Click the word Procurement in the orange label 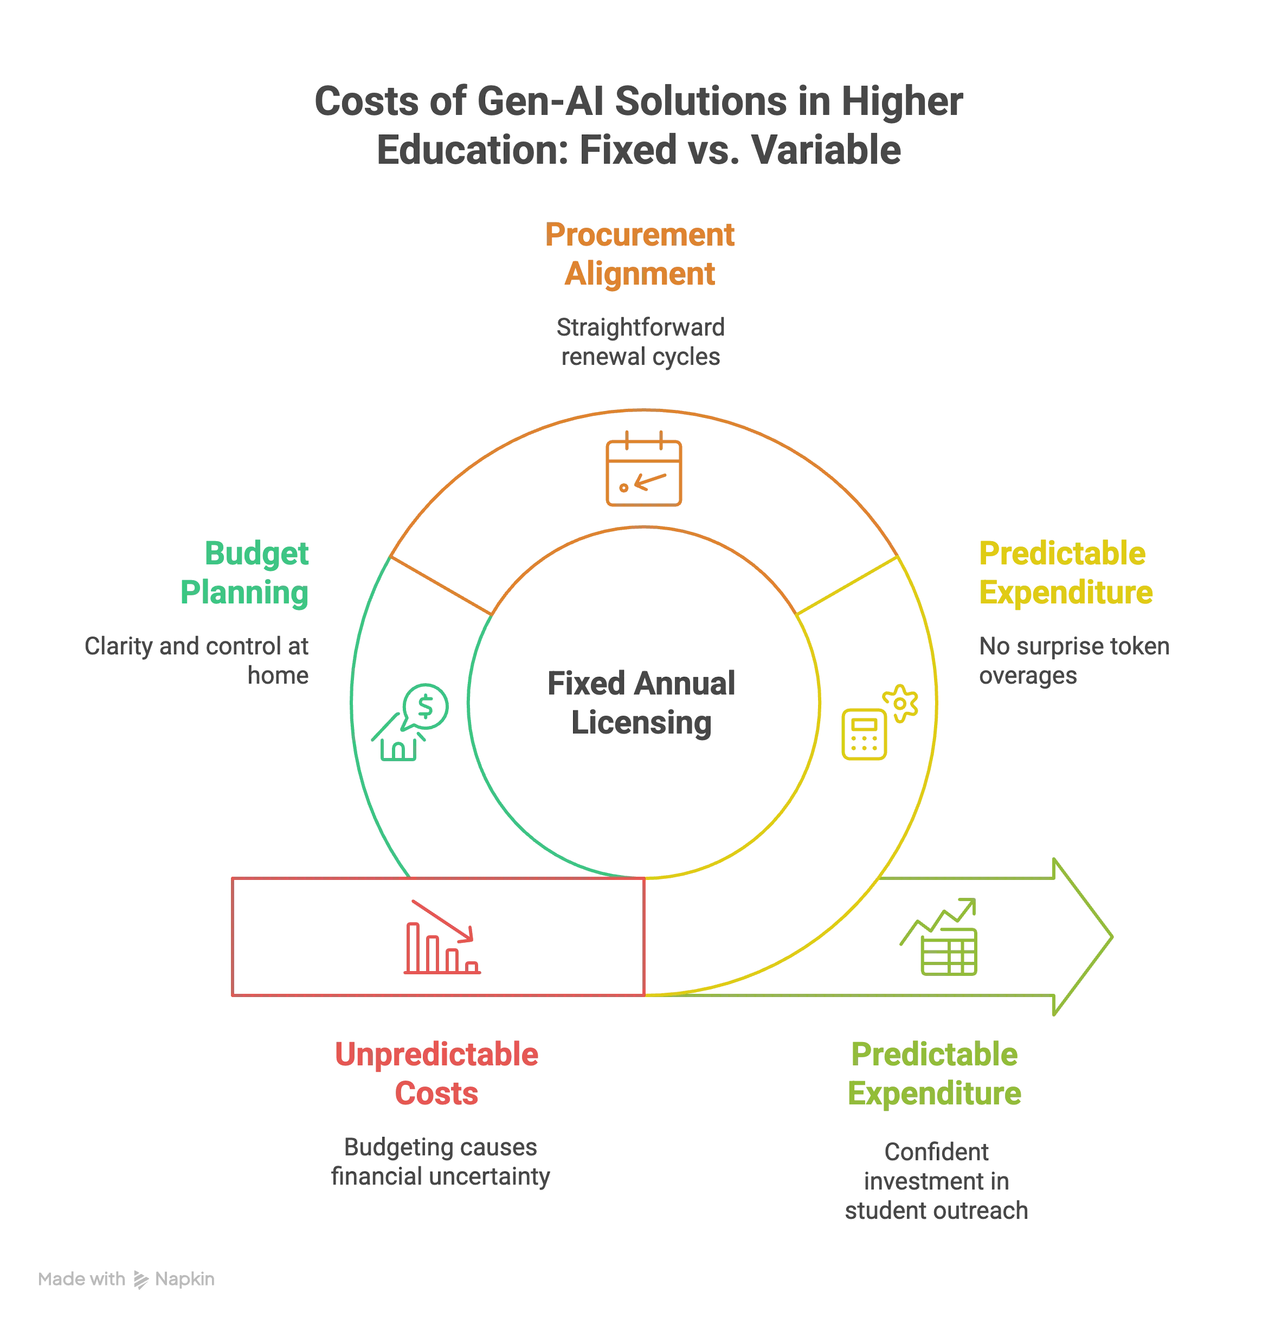640,235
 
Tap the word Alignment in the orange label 640,274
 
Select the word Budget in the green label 257,554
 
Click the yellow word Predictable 1062,554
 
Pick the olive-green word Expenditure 934,1094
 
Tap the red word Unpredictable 437,1055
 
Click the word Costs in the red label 437,1094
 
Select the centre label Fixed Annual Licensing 641,704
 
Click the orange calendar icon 643,472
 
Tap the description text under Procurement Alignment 640,344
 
